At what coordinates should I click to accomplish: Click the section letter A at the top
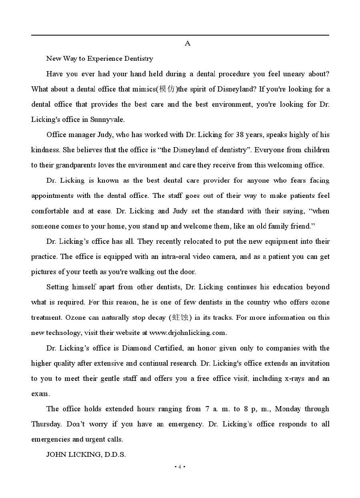coord(188,43)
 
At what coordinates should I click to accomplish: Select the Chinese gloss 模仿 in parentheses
coord(167,89)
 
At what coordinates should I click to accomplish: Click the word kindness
coord(46,150)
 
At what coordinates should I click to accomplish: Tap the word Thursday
coord(46,424)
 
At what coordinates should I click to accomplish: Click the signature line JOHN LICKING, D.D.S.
coord(86,454)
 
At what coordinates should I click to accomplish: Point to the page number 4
coord(180,467)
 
